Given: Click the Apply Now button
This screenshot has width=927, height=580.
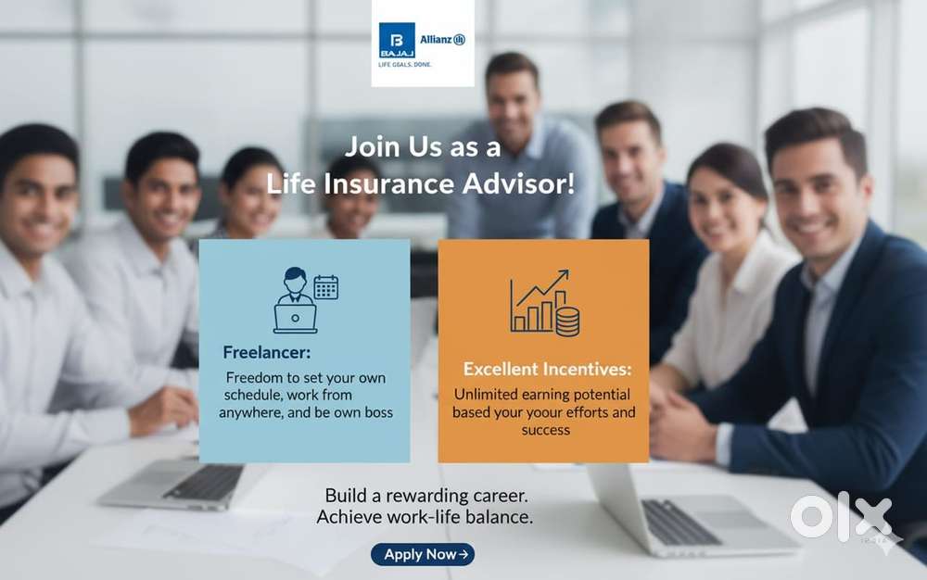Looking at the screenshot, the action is point(423,554).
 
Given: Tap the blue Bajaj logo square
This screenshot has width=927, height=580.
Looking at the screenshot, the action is point(397,40).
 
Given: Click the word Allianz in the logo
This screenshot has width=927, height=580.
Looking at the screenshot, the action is point(437,40).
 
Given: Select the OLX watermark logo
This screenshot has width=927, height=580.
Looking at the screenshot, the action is point(842,517).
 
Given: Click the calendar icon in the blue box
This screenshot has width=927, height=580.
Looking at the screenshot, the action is point(325,287).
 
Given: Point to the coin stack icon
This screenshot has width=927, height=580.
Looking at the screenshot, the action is point(567,322).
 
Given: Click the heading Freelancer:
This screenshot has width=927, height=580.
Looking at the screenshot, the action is point(267,353).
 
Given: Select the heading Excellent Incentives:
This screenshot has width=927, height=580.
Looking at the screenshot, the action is point(547,369).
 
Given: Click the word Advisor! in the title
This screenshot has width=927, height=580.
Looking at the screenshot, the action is point(518,183).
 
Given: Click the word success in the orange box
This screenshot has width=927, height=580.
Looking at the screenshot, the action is point(546,430).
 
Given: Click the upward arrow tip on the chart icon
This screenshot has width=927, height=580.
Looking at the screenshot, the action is point(567,271).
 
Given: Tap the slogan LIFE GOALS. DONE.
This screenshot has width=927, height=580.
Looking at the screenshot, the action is point(405,64).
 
